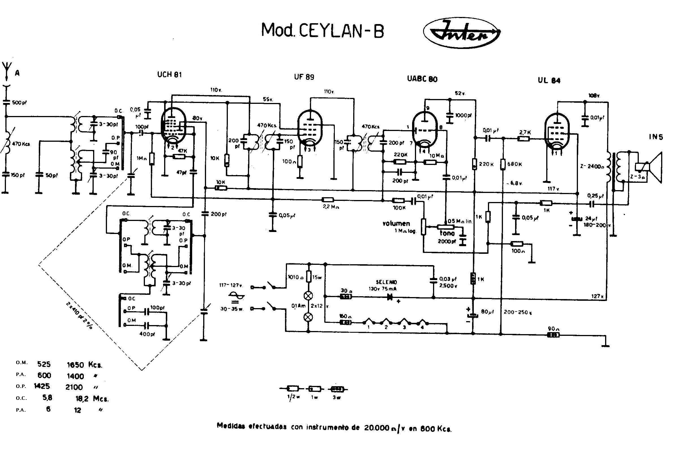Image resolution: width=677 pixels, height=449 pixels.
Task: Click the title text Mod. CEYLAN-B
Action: [x=322, y=31]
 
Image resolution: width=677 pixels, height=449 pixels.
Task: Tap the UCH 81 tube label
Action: [x=169, y=75]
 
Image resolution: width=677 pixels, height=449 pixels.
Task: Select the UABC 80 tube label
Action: [x=422, y=79]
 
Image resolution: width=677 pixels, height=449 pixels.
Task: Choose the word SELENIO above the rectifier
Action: [x=386, y=282]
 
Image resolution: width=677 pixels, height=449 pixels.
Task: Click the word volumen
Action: [x=396, y=223]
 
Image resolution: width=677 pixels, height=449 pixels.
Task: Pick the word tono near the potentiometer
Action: [x=447, y=233]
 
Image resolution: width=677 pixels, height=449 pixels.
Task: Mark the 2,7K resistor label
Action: [x=525, y=132]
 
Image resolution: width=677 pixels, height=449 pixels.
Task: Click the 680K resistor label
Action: [x=515, y=164]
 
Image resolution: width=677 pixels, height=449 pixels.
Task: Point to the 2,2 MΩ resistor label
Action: [x=331, y=207]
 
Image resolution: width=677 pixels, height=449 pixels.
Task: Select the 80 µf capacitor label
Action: [x=488, y=311]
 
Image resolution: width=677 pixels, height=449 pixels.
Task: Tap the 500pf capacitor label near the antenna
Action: [x=19, y=102]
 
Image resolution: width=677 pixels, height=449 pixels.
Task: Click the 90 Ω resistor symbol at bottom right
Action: [x=553, y=335]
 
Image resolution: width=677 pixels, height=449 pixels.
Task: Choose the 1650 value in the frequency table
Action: [x=75, y=365]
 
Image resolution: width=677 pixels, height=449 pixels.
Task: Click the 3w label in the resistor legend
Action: [x=337, y=398]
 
